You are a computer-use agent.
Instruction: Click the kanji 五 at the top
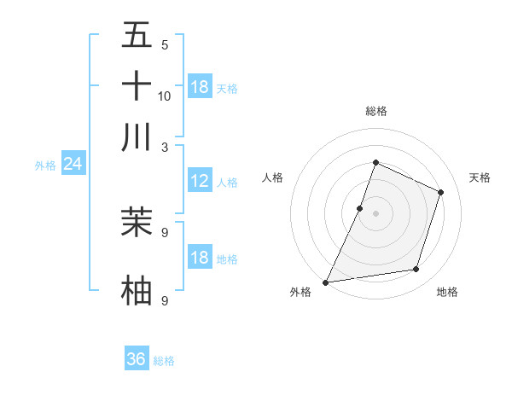click(x=137, y=36)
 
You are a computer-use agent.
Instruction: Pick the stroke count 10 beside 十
click(x=165, y=96)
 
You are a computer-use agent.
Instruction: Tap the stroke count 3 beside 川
click(x=164, y=146)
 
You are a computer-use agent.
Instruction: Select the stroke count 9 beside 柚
click(x=164, y=300)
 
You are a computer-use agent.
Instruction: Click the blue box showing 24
click(x=73, y=164)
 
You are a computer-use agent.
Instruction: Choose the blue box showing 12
click(x=200, y=181)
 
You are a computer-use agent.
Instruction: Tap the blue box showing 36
click(x=137, y=359)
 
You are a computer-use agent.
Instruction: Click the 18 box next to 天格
click(x=200, y=87)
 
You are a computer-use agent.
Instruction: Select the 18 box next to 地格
click(x=200, y=258)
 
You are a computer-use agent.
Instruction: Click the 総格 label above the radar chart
click(x=375, y=111)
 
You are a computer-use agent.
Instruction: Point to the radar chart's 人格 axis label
click(x=273, y=177)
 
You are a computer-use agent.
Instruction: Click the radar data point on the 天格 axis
click(x=441, y=192)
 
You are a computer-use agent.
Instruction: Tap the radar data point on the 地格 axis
click(x=416, y=270)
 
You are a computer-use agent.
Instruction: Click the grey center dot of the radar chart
click(x=375, y=213)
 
